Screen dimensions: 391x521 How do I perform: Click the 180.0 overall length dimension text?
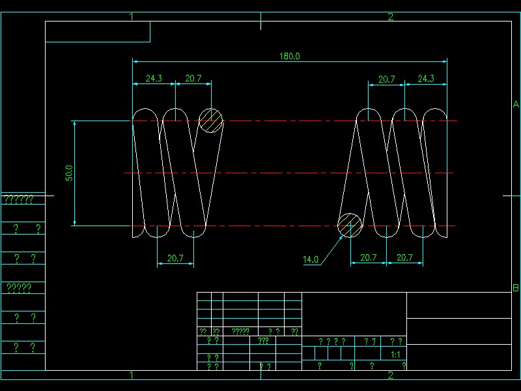[x=290, y=56]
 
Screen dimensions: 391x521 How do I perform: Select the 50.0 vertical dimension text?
[x=68, y=173]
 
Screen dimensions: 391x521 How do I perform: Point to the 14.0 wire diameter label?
[x=311, y=259]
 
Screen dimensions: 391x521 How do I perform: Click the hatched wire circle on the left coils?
[x=210, y=121]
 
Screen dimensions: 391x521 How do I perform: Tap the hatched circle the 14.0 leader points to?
[x=350, y=225]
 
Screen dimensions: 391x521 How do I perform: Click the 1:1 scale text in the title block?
[x=395, y=355]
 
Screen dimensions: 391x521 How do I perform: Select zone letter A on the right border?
[x=515, y=104]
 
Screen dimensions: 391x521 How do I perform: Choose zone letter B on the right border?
[x=515, y=288]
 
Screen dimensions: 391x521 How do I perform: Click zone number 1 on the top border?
[x=132, y=16]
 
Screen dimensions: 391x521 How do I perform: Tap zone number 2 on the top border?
[x=391, y=16]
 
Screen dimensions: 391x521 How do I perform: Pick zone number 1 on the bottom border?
[x=132, y=375]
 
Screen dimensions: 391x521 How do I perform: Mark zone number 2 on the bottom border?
[x=391, y=375]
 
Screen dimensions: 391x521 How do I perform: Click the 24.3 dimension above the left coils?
[x=154, y=78]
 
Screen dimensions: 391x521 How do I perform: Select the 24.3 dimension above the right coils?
[x=426, y=79]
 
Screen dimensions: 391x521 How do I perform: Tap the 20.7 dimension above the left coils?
[x=193, y=78]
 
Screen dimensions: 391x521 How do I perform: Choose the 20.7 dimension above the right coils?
[x=387, y=79]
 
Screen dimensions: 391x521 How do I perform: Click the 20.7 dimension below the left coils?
[x=175, y=258]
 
